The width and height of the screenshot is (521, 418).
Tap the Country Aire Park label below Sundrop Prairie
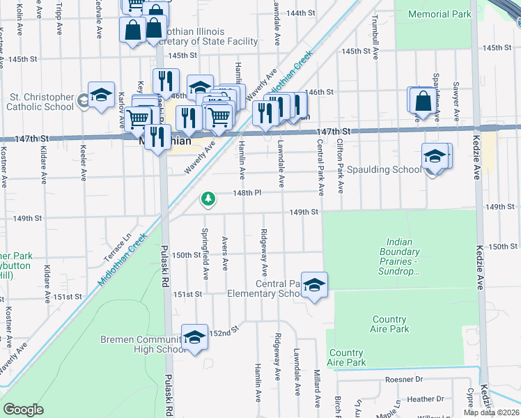(x=389, y=324)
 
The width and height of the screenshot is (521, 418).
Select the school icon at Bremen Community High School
(x=195, y=337)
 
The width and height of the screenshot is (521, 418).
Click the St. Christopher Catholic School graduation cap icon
(x=101, y=96)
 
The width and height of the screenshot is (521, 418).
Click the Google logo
(x=23, y=410)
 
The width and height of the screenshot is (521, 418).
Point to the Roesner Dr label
(x=404, y=380)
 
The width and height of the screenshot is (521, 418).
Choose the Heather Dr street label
(x=426, y=399)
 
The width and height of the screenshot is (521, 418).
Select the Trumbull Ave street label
(x=375, y=31)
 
